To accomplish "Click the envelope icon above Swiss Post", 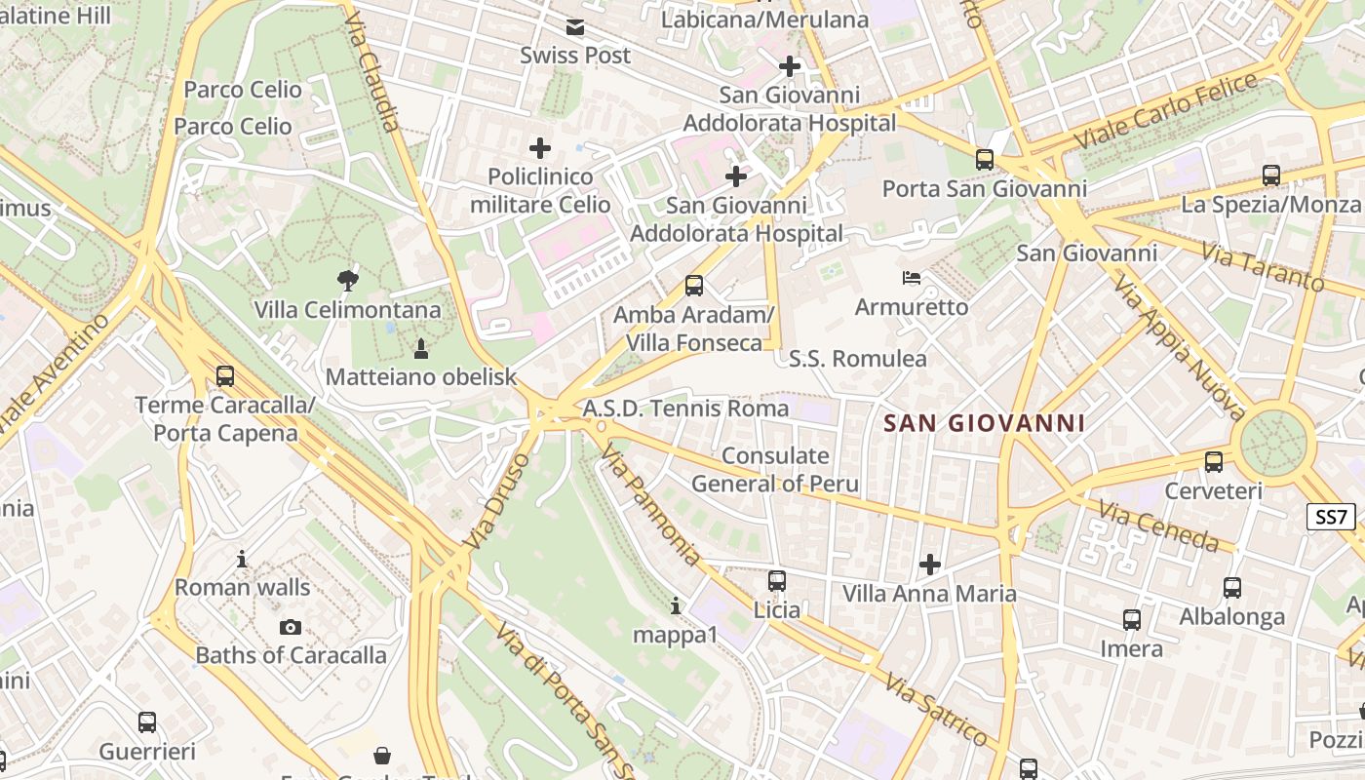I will pyautogui.click(x=575, y=27).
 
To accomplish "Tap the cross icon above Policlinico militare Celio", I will pyautogui.click(x=540, y=148).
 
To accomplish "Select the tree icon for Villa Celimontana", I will pyautogui.click(x=347, y=282).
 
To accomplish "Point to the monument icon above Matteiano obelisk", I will pyautogui.click(x=421, y=348).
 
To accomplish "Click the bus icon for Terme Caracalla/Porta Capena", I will pyautogui.click(x=225, y=376).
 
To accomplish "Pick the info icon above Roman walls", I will pyautogui.click(x=242, y=560).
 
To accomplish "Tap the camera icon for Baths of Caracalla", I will pyautogui.click(x=291, y=627).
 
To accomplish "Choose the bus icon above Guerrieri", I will pyautogui.click(x=147, y=722).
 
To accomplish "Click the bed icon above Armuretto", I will pyautogui.click(x=912, y=279).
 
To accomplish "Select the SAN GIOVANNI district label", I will pyautogui.click(x=984, y=423).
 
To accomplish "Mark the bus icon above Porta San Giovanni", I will pyautogui.click(x=985, y=160).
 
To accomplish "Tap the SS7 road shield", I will pyautogui.click(x=1332, y=517).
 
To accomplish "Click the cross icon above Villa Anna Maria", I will pyautogui.click(x=930, y=565).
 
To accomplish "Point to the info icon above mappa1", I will pyautogui.click(x=676, y=606).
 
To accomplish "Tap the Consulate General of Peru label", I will pyautogui.click(x=775, y=470).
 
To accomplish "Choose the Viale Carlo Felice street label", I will pyautogui.click(x=1166, y=112).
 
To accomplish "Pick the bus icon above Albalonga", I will pyautogui.click(x=1232, y=588).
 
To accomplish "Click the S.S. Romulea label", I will pyautogui.click(x=858, y=359).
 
